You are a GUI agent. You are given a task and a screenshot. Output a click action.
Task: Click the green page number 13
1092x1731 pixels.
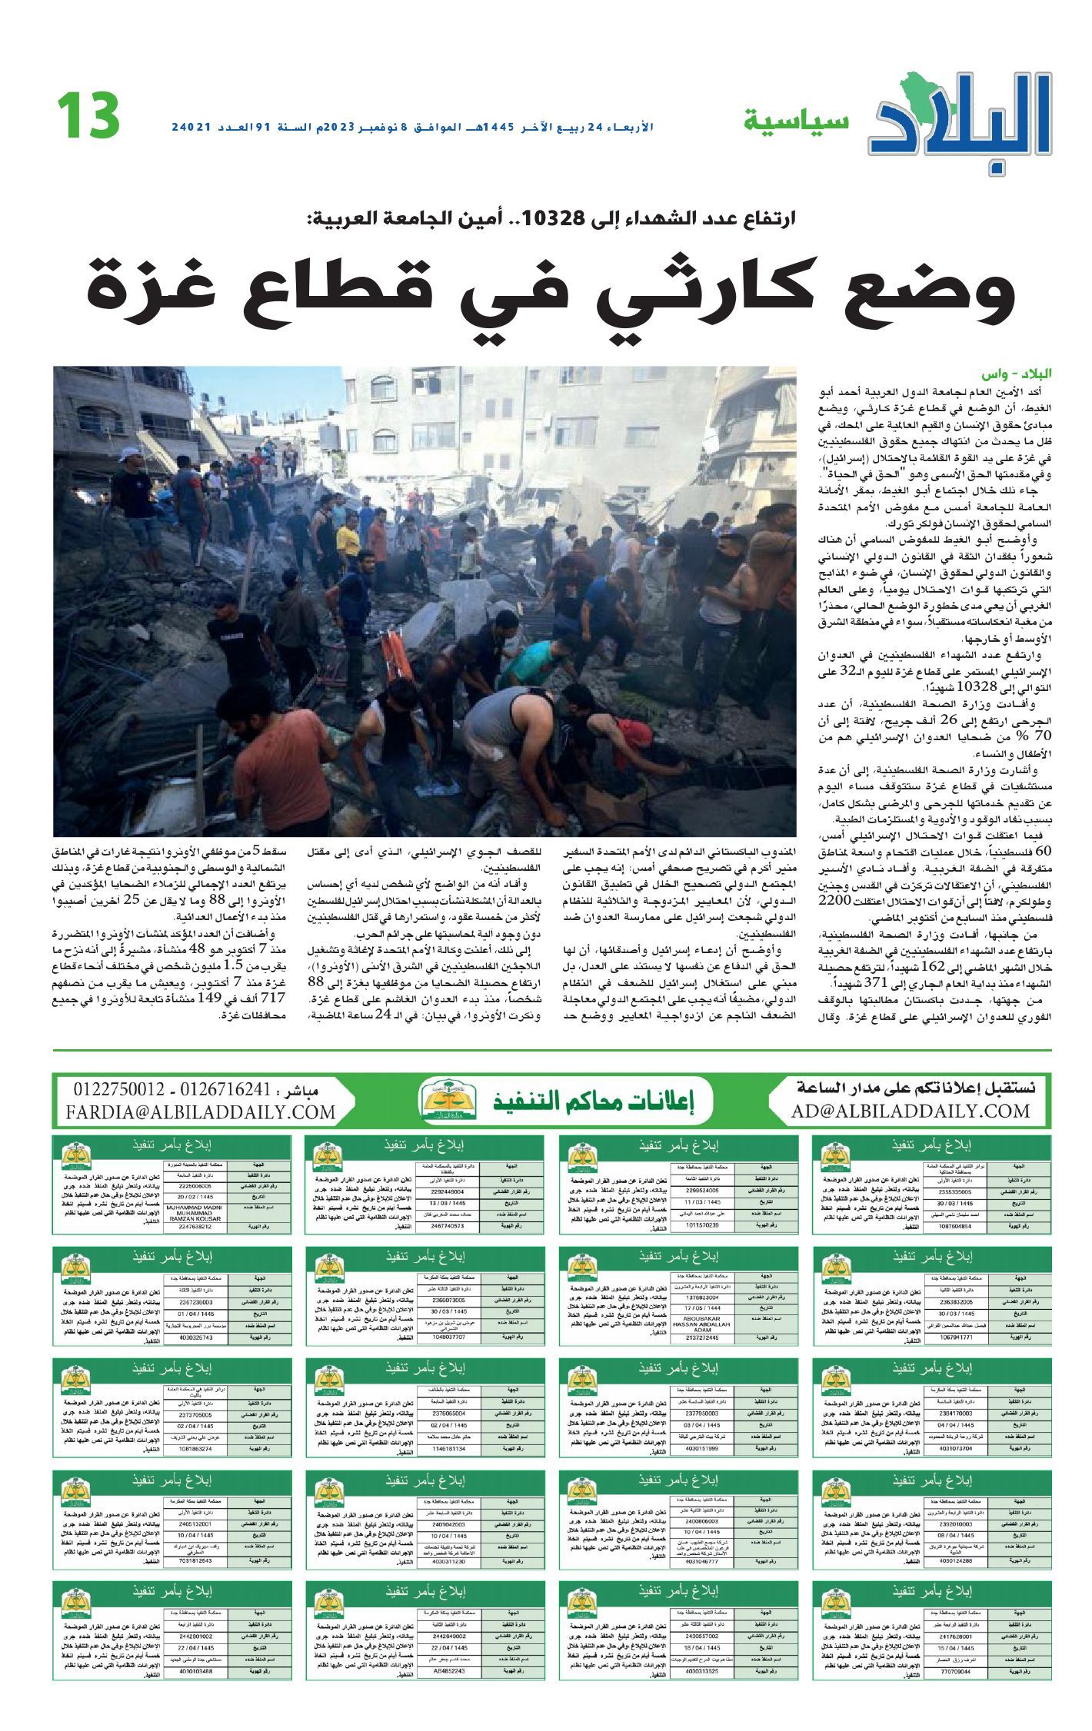[x=88, y=115]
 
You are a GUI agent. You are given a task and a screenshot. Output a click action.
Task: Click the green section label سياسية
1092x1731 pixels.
[x=796, y=121]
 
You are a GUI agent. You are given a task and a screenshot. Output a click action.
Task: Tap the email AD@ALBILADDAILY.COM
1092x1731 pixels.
[x=911, y=1111]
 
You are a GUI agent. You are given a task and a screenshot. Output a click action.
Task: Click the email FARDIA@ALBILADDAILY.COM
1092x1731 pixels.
[x=201, y=1112]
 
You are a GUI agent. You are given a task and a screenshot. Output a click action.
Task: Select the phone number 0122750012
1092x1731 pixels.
[x=118, y=1090]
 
